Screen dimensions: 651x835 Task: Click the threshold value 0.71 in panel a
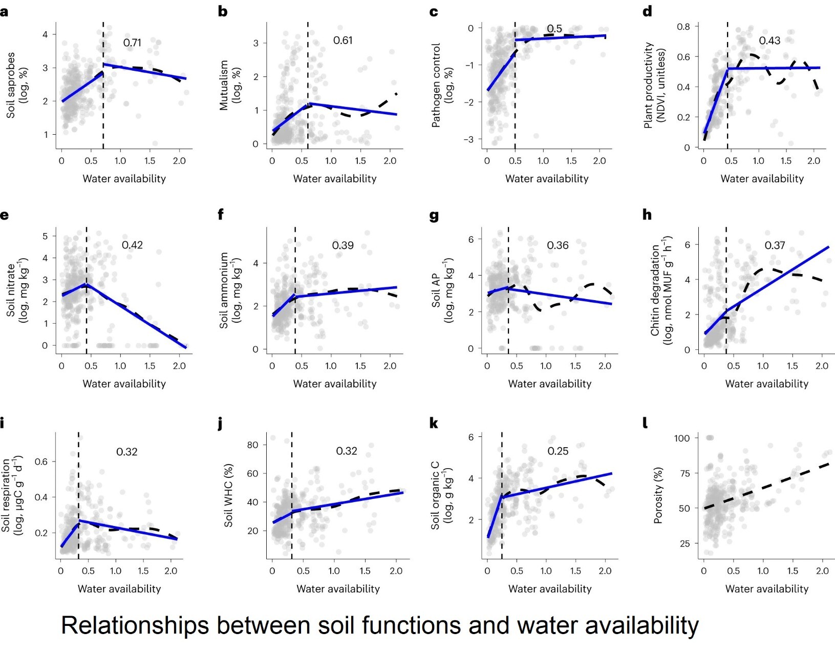(x=132, y=43)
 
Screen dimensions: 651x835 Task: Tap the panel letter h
(x=647, y=215)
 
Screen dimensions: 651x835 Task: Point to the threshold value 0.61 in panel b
(x=342, y=40)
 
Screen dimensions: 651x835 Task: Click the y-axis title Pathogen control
(x=436, y=85)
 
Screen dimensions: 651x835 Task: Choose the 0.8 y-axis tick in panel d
(x=683, y=27)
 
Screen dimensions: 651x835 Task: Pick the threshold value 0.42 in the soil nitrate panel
(x=132, y=245)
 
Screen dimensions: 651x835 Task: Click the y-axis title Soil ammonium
(x=224, y=290)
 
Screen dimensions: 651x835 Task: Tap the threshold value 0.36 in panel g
(x=558, y=246)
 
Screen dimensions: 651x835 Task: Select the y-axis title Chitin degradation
(x=655, y=290)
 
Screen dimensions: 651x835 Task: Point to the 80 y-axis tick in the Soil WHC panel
(x=252, y=445)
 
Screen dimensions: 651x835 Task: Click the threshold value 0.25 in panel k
(x=558, y=451)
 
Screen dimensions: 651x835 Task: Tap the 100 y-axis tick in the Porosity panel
(x=682, y=438)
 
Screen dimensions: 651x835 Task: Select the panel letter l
(x=645, y=423)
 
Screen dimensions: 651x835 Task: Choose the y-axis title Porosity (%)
(x=658, y=495)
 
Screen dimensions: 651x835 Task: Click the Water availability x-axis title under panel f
(x=334, y=384)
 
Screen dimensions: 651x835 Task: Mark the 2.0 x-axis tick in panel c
(x=599, y=161)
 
